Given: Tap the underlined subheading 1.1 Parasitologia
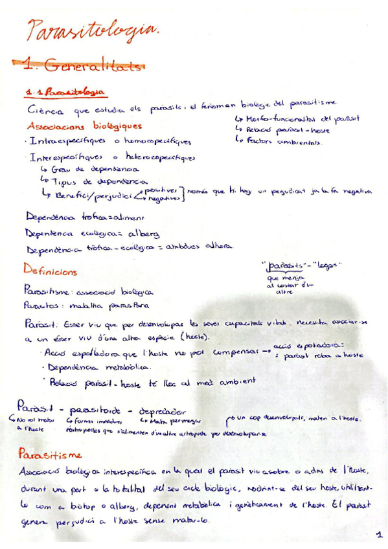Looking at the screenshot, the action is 67,93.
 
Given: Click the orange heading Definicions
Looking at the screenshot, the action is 50,271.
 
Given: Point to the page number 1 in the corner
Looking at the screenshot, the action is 378,535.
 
